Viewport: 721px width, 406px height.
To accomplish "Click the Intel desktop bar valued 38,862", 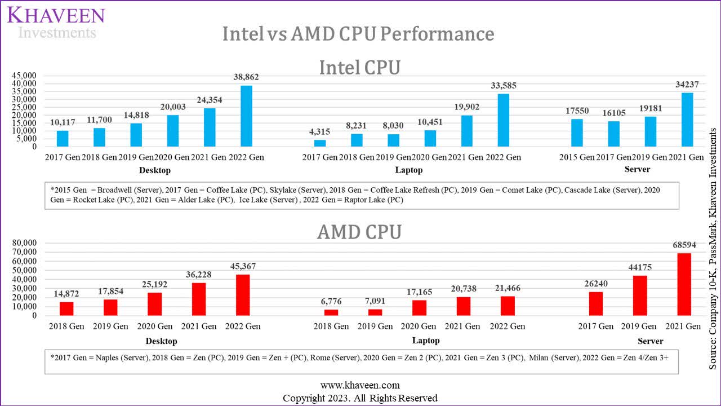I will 247,116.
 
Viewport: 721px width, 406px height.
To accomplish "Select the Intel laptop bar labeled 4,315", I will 320,143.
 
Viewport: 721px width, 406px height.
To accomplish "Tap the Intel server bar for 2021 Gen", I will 687,120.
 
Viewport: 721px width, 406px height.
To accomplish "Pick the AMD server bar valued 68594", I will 684,284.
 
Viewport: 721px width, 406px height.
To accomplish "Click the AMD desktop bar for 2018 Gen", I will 66,308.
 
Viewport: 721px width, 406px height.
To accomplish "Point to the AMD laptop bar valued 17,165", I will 419,308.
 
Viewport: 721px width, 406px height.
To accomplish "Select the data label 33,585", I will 503,86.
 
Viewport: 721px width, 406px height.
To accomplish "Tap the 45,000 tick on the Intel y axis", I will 25,76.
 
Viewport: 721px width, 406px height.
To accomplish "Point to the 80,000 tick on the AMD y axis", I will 25,242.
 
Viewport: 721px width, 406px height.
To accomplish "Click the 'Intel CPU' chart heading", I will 359,68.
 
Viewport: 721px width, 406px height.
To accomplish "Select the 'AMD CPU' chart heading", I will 359,232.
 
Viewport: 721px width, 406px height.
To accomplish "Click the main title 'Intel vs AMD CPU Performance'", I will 358,34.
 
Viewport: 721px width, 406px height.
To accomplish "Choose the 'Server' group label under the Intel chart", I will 637,169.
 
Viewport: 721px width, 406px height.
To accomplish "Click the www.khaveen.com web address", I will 360,385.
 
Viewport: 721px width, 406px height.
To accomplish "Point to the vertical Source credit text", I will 713,248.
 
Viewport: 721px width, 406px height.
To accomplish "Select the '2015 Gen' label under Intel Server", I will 576,157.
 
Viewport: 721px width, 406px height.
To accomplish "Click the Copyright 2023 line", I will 360,398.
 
